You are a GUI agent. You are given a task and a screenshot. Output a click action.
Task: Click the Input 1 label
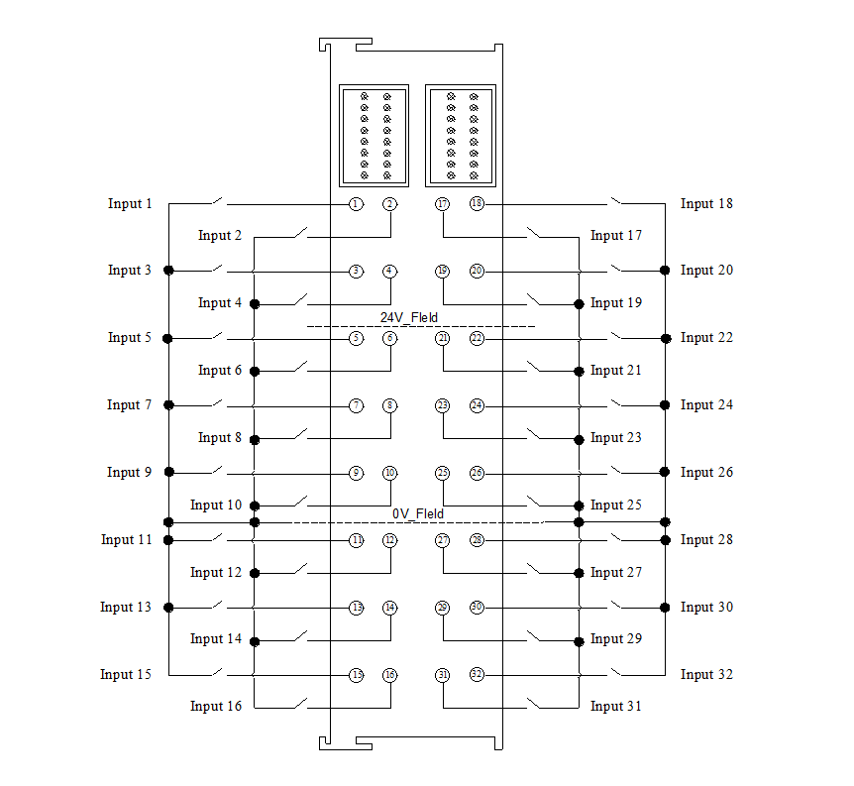(130, 204)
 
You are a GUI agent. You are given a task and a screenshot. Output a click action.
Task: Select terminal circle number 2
(390, 204)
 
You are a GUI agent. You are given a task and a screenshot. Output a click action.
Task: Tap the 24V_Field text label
(409, 318)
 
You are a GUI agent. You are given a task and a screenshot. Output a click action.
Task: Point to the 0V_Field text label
(417, 514)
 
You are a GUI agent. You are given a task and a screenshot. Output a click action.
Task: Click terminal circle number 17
(443, 204)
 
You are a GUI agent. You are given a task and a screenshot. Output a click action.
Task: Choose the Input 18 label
(706, 204)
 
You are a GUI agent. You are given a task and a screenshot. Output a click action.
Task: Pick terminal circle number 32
(477, 675)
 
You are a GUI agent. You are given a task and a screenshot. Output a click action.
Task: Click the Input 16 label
(216, 707)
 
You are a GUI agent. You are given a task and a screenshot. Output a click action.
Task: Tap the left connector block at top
(374, 135)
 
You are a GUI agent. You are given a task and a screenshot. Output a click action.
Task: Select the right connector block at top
(460, 135)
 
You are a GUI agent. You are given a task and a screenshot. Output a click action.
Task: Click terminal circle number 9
(356, 473)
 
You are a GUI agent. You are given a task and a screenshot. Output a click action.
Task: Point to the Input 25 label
(616, 505)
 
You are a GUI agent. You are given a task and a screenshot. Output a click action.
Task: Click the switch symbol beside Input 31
(535, 705)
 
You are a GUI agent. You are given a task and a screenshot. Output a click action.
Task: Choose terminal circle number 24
(477, 405)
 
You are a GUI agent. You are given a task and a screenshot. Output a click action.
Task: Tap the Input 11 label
(127, 540)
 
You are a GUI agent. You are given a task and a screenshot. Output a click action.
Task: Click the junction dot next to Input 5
(168, 339)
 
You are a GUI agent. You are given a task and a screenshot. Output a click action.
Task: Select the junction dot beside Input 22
(665, 338)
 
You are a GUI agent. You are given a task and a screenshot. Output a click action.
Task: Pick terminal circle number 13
(356, 608)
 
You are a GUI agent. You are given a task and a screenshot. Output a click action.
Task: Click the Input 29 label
(616, 639)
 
